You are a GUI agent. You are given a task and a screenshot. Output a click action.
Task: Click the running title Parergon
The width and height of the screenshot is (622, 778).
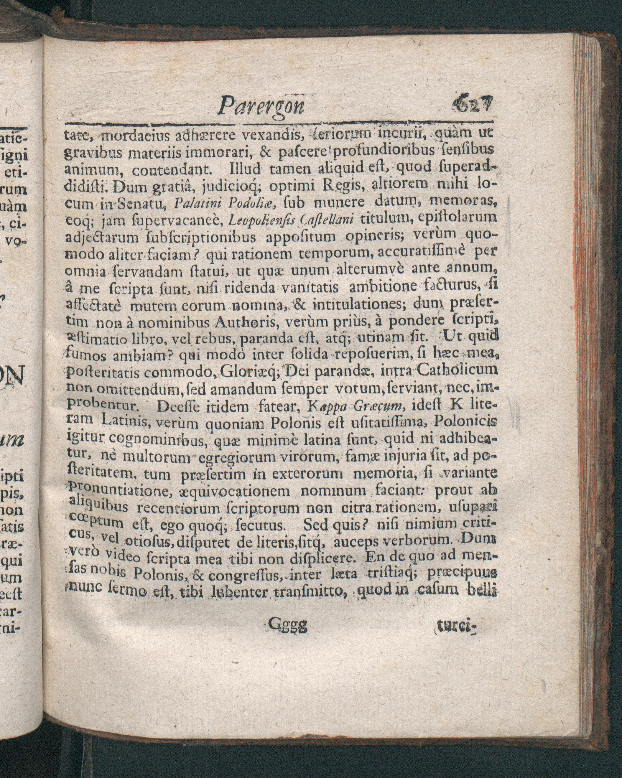pos(262,106)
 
